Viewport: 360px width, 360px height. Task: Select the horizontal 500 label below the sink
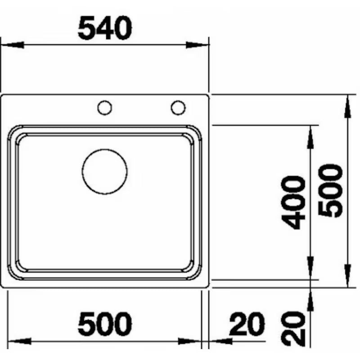105,324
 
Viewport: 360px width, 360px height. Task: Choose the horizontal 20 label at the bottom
247,325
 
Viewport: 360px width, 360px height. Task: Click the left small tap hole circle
105,108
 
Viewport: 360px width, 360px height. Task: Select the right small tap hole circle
178,107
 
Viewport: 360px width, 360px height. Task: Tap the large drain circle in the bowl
104,172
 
